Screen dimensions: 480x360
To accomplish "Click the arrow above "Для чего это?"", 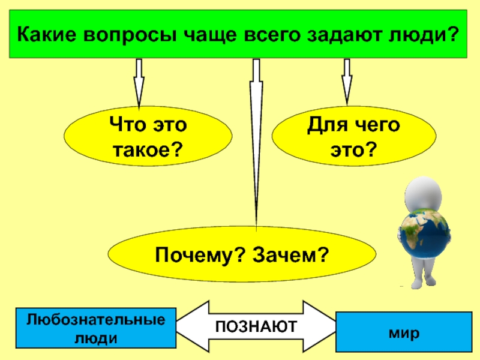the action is click(x=346, y=80).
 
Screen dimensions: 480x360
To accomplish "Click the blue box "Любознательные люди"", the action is click(x=95, y=328).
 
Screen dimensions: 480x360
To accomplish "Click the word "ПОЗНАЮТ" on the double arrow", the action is click(x=257, y=326).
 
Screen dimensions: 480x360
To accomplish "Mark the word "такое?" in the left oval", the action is click(x=148, y=148).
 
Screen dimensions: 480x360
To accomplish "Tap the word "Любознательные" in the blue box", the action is click(x=95, y=319).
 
